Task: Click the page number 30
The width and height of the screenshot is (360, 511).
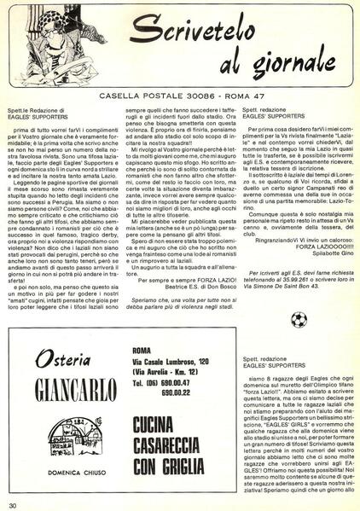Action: pos(12,505)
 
